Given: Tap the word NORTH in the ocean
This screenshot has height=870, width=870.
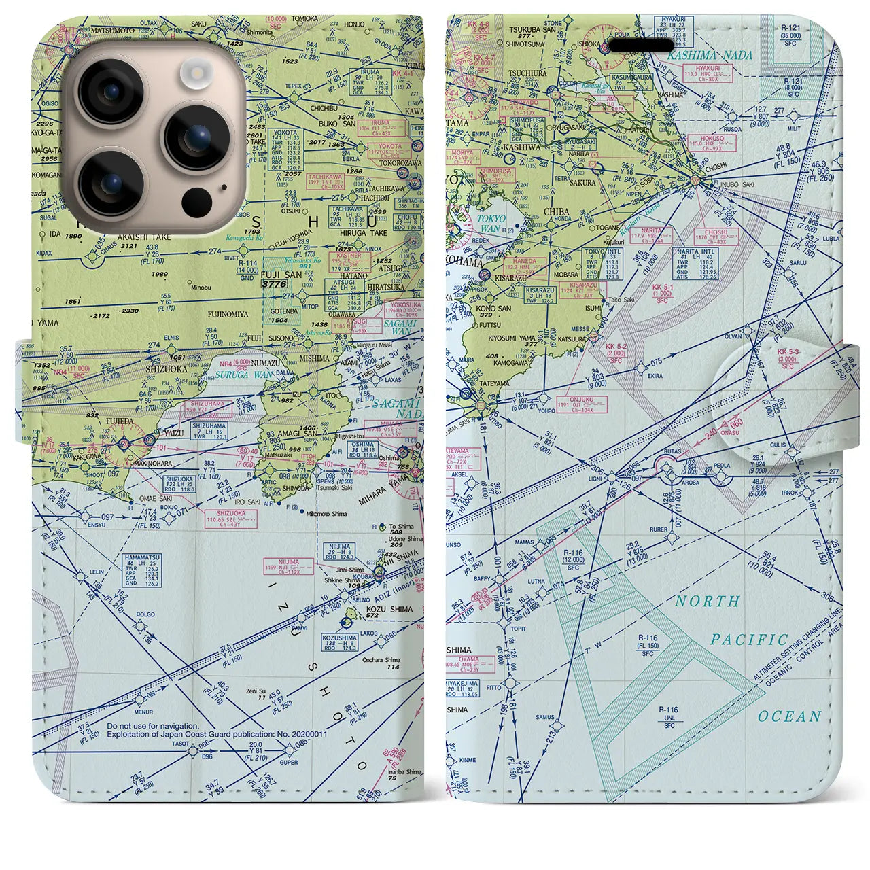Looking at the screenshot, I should (708, 601).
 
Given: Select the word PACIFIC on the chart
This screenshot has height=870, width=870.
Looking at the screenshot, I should (749, 640).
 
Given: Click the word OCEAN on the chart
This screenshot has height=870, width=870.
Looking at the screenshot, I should (790, 716).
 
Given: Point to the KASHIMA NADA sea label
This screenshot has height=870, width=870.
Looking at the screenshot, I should (710, 55).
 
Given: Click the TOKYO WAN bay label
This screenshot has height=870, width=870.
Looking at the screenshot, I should (491, 224).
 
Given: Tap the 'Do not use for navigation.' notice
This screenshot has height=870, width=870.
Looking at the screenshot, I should (153, 726).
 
